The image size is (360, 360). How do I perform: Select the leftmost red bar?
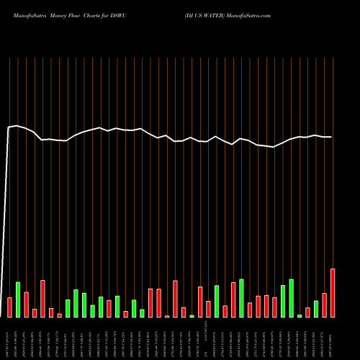coord(9,307)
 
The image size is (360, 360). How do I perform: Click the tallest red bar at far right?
coord(333,293)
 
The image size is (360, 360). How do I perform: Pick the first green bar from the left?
coord(18,300)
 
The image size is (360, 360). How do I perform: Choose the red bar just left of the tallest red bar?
coord(325,305)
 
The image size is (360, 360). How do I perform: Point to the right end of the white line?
coord(331,137)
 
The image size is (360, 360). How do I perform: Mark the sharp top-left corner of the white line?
coord(8,127)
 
